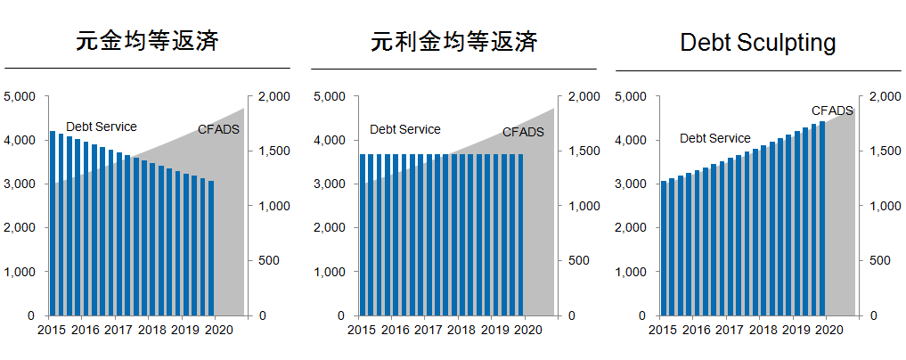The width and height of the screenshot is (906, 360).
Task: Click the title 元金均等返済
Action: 147,42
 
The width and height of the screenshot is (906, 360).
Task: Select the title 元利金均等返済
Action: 453,42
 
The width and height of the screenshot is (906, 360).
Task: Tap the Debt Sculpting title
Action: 757,43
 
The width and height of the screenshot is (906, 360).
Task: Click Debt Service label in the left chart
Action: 102,127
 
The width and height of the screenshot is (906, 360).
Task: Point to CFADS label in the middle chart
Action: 523,132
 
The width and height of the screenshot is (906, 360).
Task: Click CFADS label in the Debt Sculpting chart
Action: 832,110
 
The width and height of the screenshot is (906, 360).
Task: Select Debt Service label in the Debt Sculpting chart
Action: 714,138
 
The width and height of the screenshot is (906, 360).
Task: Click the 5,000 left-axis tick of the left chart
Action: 19,96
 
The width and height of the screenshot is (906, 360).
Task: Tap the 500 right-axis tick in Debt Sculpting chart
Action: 880,261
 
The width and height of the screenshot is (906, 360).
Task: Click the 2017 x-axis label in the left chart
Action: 118,331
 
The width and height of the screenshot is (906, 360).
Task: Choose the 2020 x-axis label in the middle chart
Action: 528,331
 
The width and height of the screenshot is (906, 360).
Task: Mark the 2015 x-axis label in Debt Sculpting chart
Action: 662,331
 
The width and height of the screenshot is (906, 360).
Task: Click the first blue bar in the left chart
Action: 53,223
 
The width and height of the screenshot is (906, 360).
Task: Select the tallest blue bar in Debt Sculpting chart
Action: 822,218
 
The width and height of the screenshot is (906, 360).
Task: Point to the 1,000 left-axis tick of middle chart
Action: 331,272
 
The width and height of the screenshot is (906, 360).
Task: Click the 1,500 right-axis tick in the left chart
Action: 272,151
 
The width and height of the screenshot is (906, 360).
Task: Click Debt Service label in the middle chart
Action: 405,129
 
